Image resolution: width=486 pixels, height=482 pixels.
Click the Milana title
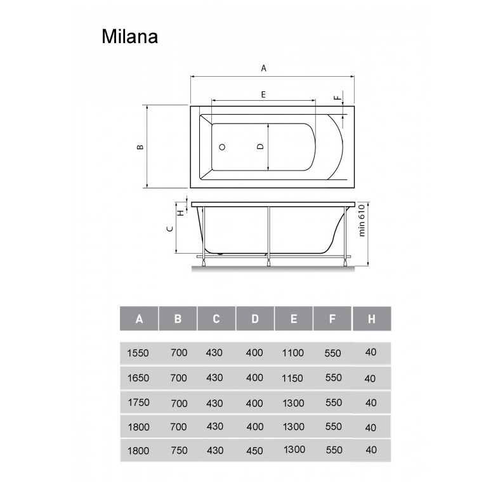129,37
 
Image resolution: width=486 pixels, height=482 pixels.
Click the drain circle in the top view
222,147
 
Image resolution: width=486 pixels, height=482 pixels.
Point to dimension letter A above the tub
263,68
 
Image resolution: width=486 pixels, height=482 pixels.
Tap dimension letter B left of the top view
140,147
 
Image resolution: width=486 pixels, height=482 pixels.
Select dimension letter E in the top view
263,94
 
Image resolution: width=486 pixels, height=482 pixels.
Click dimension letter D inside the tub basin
260,147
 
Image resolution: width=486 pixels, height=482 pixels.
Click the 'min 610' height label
362,220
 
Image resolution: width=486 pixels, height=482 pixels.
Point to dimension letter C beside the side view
170,228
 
